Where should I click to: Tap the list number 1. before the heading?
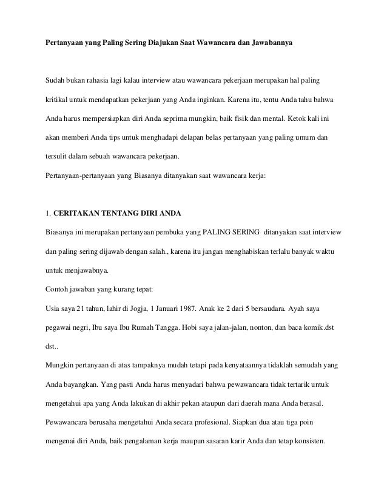click(x=49, y=214)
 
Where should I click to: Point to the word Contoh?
click(x=58, y=284)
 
